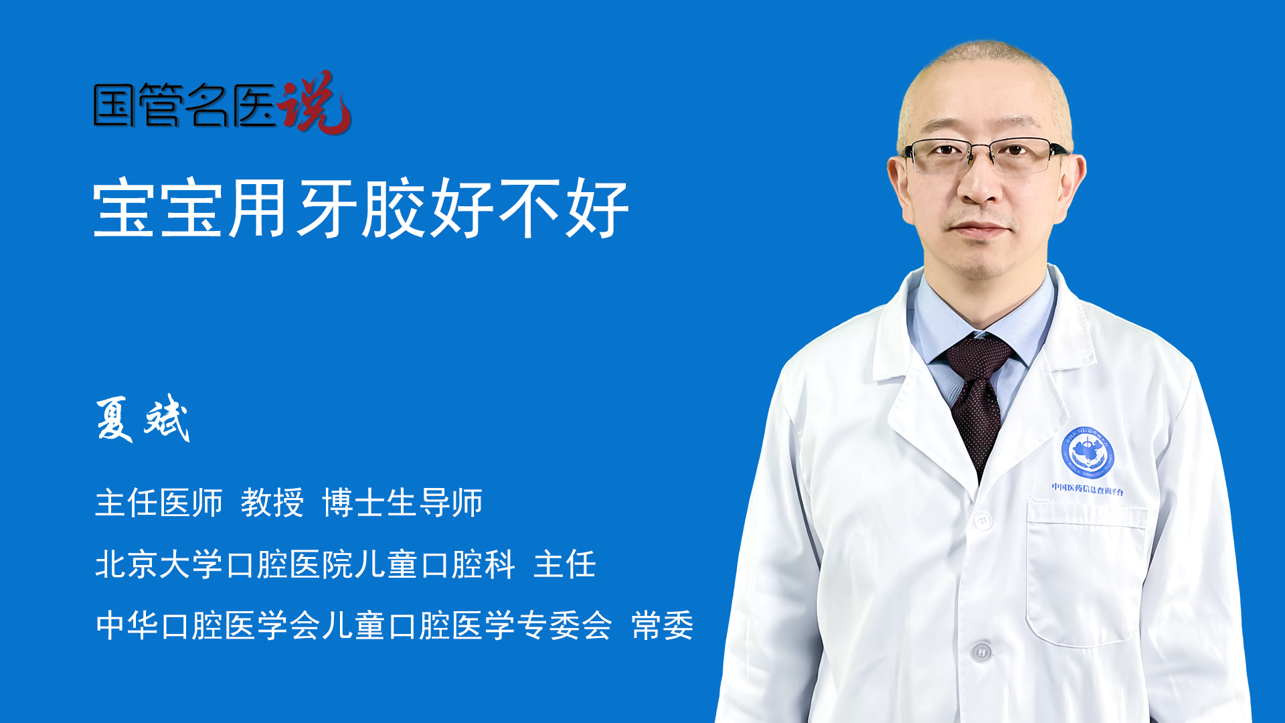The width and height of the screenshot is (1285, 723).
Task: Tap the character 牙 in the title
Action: point(327,208)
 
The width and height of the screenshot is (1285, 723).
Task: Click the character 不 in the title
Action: point(529,208)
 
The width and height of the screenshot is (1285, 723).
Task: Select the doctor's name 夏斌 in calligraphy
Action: point(143,418)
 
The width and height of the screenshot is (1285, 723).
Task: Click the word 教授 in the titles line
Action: point(272,502)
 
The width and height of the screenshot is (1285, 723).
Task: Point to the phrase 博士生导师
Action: point(402,502)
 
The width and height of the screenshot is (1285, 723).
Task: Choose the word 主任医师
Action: point(159,502)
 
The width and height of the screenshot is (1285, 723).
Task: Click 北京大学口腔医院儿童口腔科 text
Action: point(305,564)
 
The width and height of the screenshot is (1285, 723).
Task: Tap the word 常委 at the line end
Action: point(663,625)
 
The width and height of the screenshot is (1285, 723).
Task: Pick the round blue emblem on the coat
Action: point(1088,453)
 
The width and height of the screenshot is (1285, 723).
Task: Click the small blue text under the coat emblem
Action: point(1088,489)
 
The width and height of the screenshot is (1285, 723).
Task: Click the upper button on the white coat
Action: point(982,519)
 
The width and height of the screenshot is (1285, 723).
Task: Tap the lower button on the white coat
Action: point(981,651)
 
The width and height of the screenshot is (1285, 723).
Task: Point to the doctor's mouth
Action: point(978,230)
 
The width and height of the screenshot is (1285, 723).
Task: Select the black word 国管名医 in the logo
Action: point(185,105)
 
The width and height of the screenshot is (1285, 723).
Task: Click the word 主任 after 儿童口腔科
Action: point(565,564)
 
